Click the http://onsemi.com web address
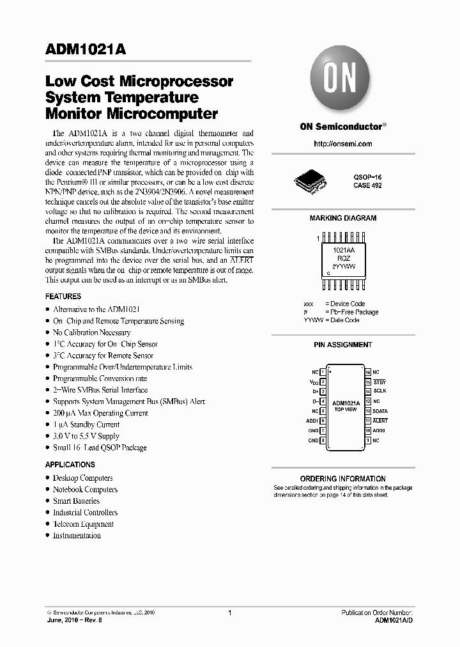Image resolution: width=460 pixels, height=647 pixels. [342, 144]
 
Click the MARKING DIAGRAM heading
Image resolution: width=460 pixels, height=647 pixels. [342, 218]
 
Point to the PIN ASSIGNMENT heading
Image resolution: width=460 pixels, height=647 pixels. [342, 345]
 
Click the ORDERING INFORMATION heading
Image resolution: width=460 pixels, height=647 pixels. [342, 478]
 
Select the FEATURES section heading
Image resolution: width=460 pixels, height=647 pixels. [63, 297]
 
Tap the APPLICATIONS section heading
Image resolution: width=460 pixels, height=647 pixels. [70, 465]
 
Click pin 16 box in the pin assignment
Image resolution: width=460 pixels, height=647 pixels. [368, 371]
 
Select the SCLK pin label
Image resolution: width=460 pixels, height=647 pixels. [380, 391]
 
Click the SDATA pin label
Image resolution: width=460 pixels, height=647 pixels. [381, 411]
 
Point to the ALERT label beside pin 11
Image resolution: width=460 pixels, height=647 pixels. [381, 421]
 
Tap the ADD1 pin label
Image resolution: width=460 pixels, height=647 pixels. [312, 421]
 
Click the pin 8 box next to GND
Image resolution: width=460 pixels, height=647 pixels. [323, 440]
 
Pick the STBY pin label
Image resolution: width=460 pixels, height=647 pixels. [380, 382]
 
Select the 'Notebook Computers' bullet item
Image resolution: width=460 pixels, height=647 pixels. [85, 489]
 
